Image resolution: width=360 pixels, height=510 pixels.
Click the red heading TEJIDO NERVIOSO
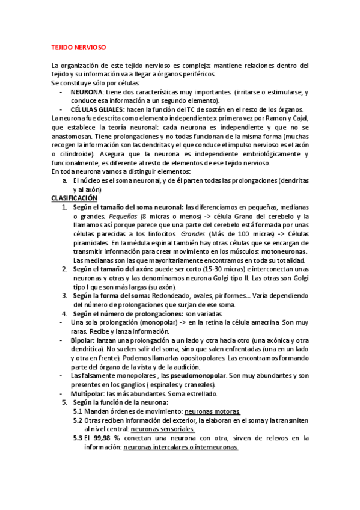coord(79,46)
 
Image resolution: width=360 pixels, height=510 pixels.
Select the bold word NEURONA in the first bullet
coord(87,92)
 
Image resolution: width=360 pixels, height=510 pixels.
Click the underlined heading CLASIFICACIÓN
coord(74,198)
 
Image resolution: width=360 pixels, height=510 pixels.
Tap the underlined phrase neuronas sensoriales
coord(162,429)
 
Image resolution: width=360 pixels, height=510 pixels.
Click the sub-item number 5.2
coord(78,420)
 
